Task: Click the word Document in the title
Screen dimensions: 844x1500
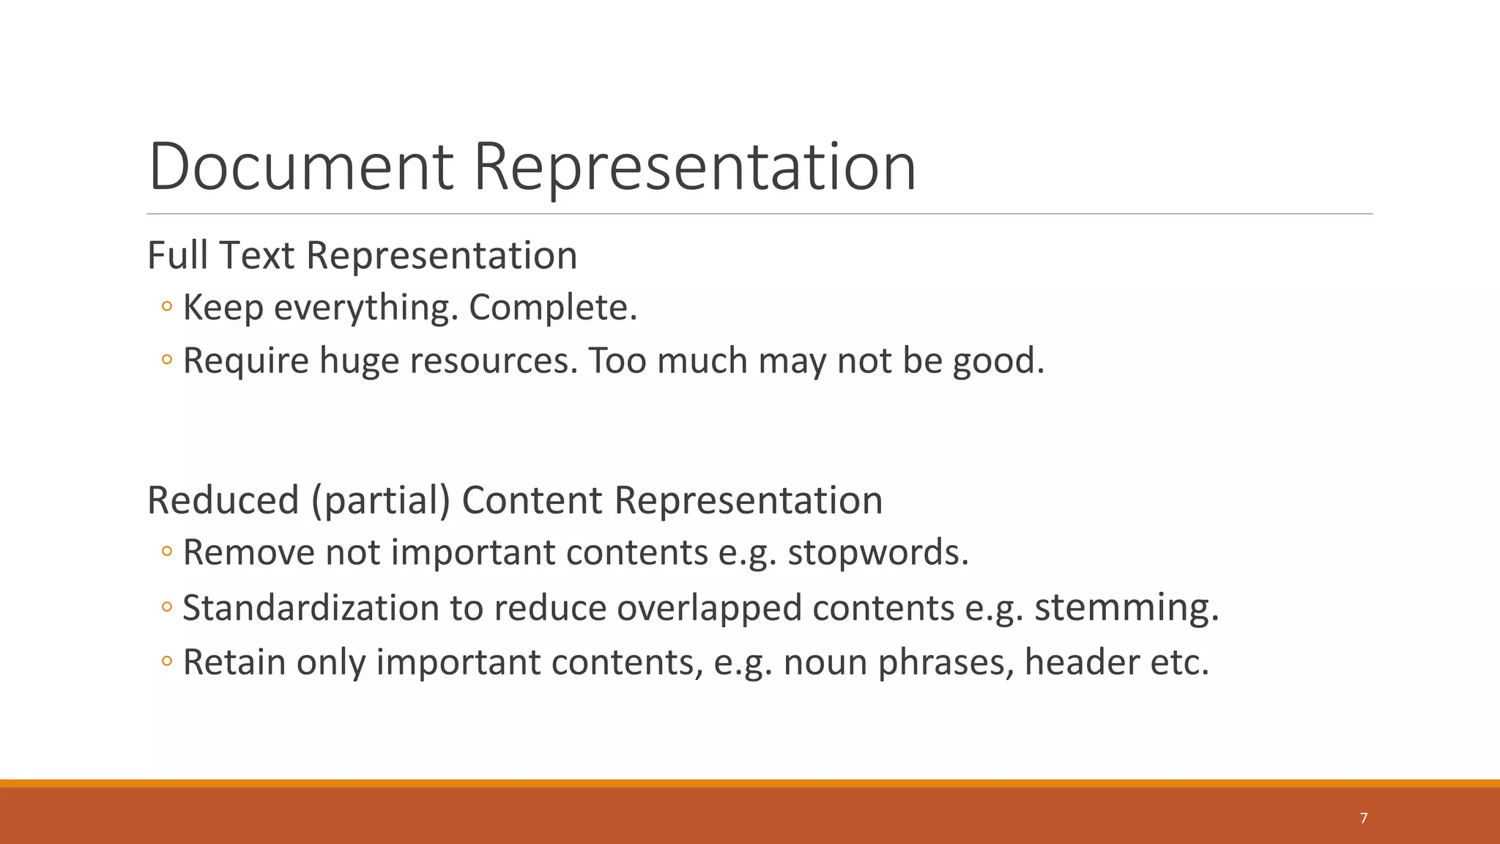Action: (x=300, y=167)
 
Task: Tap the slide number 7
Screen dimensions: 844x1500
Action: (x=1363, y=818)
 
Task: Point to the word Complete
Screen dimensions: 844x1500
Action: (x=553, y=308)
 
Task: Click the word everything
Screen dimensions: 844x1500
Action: (x=365, y=308)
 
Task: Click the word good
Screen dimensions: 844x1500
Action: (x=998, y=361)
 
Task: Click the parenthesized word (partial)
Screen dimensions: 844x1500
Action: (x=380, y=500)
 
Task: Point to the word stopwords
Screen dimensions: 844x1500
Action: (x=878, y=552)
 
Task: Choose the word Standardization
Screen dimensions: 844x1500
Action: (x=311, y=608)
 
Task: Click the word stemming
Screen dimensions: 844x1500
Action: (x=1126, y=608)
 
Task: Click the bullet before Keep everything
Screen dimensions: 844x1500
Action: (x=167, y=307)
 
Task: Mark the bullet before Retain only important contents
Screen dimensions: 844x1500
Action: (x=167, y=662)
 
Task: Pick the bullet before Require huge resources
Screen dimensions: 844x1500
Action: (x=167, y=360)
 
